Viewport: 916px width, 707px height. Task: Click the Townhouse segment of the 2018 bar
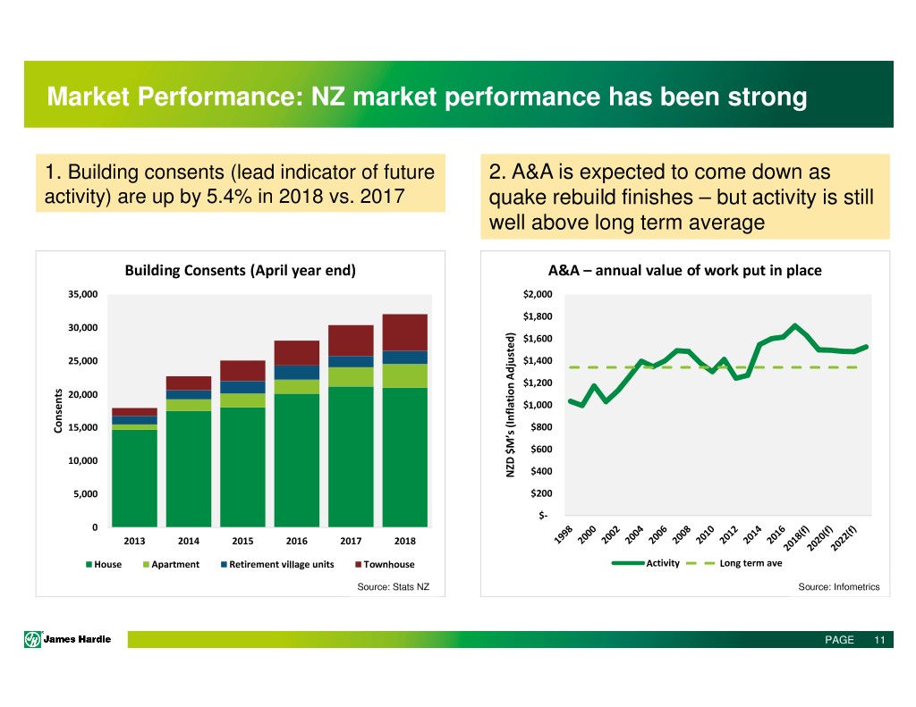click(x=405, y=332)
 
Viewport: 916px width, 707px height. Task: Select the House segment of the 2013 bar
click(x=134, y=478)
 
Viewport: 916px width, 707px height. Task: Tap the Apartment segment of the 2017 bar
click(x=351, y=377)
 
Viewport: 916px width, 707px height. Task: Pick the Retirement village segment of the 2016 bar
click(x=297, y=373)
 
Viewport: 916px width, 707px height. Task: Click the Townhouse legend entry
click(x=385, y=565)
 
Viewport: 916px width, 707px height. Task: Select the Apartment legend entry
click(x=171, y=565)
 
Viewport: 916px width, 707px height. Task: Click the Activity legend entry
click(x=646, y=563)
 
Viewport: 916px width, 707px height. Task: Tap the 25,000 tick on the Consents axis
click(x=83, y=361)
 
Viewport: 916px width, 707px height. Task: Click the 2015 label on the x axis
click(x=242, y=541)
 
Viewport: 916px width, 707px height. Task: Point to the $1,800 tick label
click(x=538, y=316)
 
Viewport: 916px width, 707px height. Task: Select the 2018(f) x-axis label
click(x=796, y=538)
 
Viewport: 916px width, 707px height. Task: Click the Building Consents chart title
click(x=240, y=270)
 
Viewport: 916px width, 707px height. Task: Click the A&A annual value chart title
click(x=684, y=270)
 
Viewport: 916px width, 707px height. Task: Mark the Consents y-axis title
click(x=58, y=411)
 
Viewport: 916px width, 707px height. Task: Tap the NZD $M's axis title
click(x=511, y=405)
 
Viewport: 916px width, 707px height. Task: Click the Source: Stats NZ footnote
click(x=394, y=586)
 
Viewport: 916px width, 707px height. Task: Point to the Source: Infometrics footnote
click(x=839, y=586)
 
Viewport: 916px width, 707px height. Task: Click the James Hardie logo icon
click(x=32, y=639)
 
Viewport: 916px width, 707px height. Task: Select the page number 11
click(x=880, y=640)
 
